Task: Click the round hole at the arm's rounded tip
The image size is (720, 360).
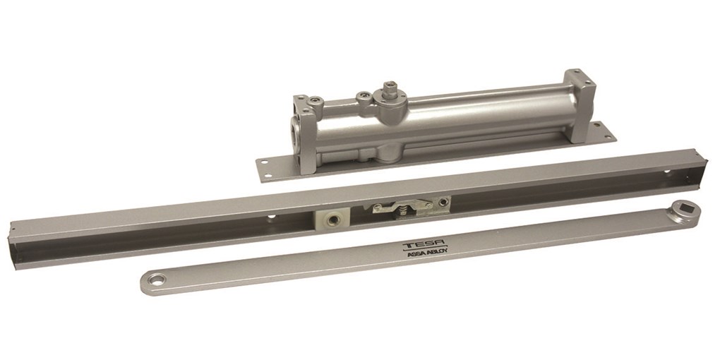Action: (157, 279)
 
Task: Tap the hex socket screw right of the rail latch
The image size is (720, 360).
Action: (443, 202)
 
